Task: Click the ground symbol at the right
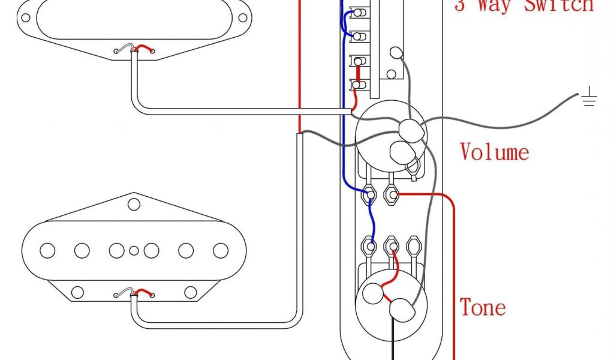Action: [x=589, y=98]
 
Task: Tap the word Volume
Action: [x=495, y=152]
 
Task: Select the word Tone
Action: [x=483, y=307]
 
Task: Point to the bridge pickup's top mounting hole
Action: [x=134, y=205]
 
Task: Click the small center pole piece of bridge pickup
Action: [x=134, y=250]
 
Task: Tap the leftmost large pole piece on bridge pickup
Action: [x=47, y=250]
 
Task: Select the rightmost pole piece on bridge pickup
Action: [x=221, y=250]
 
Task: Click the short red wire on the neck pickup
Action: [x=144, y=48]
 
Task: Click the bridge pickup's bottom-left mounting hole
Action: [x=77, y=292]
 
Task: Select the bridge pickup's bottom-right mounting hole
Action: [x=191, y=292]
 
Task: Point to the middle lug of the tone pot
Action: [x=392, y=245]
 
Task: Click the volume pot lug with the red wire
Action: [x=392, y=194]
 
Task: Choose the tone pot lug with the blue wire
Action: [x=370, y=245]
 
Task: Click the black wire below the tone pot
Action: [x=393, y=340]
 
